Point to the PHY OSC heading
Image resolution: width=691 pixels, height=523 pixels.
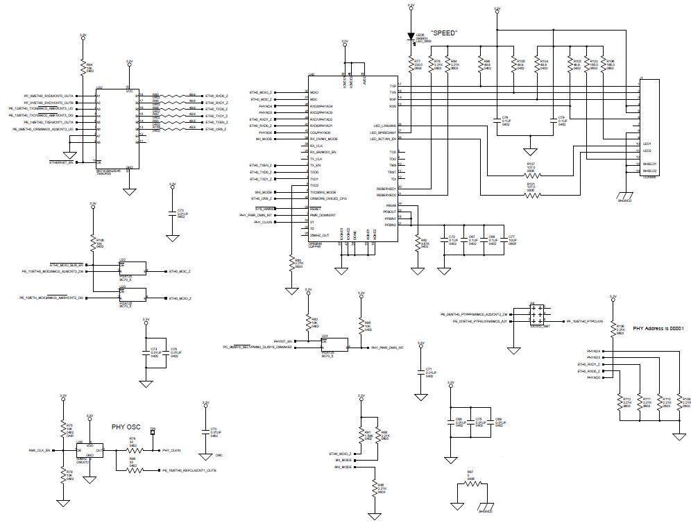tap(126, 428)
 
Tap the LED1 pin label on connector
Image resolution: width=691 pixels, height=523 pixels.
tap(647, 144)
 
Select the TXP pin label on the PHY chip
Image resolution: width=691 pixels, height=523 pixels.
tap(393, 85)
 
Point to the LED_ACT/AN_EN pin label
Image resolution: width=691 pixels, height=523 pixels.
tap(384, 139)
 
